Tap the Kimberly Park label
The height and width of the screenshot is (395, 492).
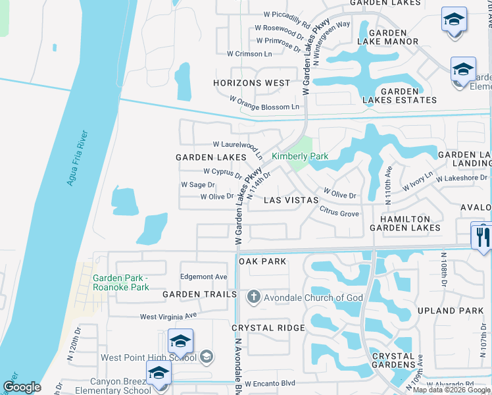coord(300,157)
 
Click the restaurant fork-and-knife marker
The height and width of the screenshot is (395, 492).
coord(481,235)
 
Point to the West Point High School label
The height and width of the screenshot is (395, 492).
coord(148,357)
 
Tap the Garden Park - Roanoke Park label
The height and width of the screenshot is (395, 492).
coord(121,282)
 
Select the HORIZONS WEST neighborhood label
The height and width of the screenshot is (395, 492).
coord(251,83)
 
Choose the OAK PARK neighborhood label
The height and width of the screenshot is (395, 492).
coord(262,261)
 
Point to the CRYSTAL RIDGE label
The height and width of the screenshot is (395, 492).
coord(268,328)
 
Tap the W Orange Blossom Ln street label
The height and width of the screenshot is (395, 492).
coord(264,103)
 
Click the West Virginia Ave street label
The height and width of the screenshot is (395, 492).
coord(168,317)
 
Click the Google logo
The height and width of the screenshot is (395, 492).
coord(22,387)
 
